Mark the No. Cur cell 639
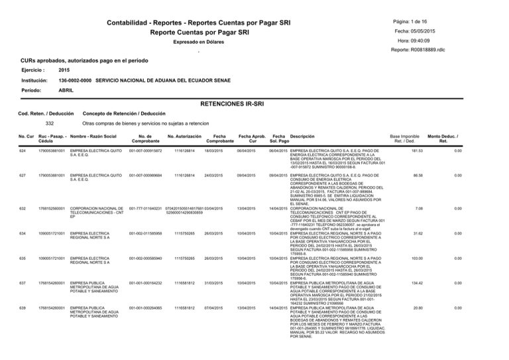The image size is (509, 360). [22, 306]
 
